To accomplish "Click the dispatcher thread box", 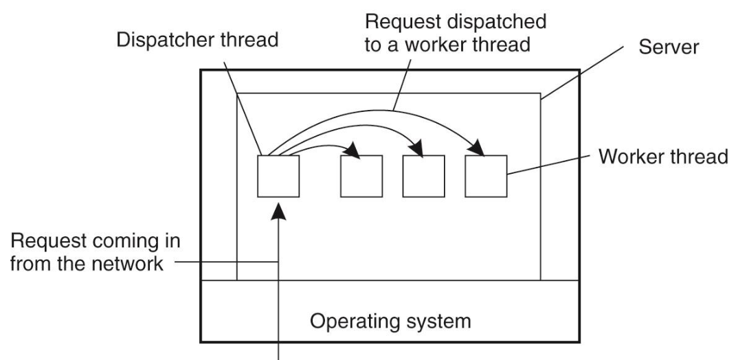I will tap(278, 176).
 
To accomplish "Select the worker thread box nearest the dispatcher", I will tap(361, 176).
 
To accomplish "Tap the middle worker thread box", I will tap(423, 176).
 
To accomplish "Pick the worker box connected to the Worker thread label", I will tap(486, 176).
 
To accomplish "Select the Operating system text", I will tap(388, 321).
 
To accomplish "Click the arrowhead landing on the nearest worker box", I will tap(354, 150).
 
